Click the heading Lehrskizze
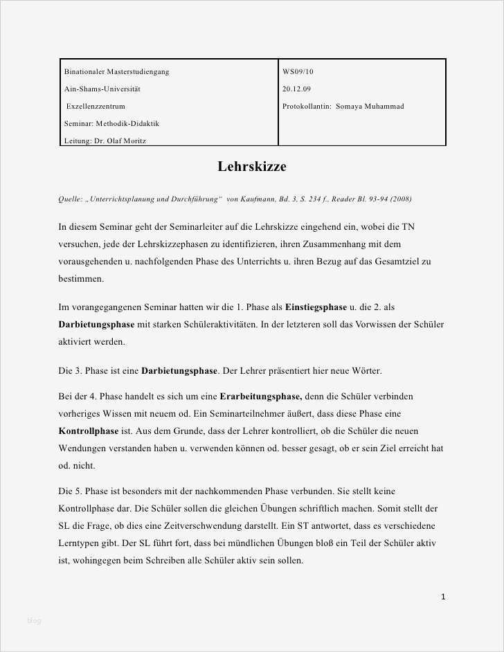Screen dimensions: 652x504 coord(252,167)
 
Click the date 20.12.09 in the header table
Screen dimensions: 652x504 coord(296,89)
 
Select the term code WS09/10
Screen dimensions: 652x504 coord(298,71)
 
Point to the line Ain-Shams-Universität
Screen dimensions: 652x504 coord(102,89)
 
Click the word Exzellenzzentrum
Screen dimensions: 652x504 coord(96,106)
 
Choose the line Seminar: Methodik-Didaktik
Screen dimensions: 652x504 coord(111,123)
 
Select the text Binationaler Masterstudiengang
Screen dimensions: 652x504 coord(116,71)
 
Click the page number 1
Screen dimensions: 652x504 coord(443,597)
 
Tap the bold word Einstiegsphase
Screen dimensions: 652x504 coord(316,307)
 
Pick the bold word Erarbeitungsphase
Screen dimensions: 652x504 coord(260,397)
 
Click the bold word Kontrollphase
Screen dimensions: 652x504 coord(89,431)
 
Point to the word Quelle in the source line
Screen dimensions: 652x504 coord(71,199)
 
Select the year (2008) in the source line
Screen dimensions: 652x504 coord(401,199)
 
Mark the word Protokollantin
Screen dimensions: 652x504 coord(307,106)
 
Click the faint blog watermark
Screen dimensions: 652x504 coord(35,620)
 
